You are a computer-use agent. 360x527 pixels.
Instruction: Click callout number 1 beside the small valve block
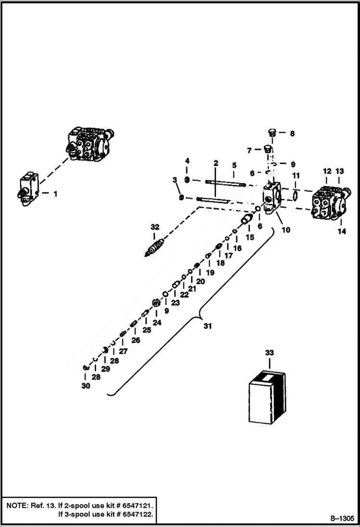[55, 194]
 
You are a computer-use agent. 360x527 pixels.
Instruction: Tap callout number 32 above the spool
[154, 227]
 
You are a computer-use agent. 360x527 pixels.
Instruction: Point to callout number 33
[270, 353]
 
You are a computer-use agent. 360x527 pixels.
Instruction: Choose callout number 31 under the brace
[207, 326]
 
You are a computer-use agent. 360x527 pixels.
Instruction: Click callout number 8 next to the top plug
[292, 134]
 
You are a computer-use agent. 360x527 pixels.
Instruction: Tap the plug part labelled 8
[272, 133]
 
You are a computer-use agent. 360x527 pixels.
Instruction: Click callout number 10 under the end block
[286, 230]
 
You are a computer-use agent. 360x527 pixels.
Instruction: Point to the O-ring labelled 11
[296, 196]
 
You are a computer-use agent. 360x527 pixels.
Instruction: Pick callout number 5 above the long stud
[234, 165]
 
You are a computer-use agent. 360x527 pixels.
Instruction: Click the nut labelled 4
[188, 180]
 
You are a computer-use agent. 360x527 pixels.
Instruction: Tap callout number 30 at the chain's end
[86, 386]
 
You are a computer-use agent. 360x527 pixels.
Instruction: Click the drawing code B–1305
[342, 519]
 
